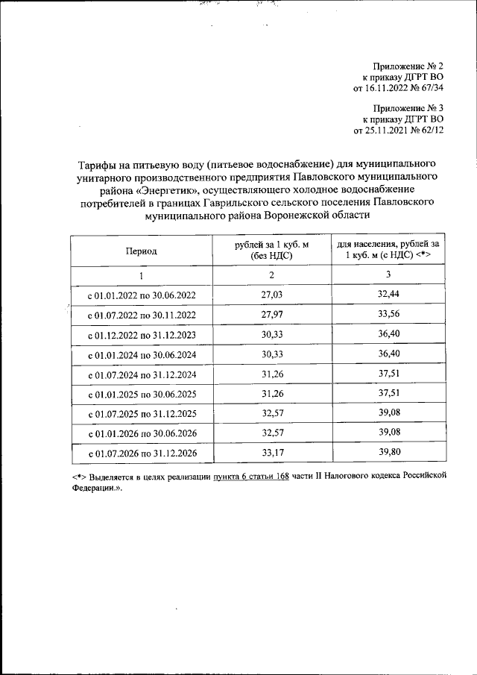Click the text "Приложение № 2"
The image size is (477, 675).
[x=411, y=67]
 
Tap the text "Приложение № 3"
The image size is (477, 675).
[x=411, y=108]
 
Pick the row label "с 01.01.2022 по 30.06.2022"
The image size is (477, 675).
[x=142, y=296]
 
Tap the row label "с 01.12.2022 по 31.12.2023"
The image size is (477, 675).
[x=142, y=336]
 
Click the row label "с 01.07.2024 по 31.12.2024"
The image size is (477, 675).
[x=142, y=376]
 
